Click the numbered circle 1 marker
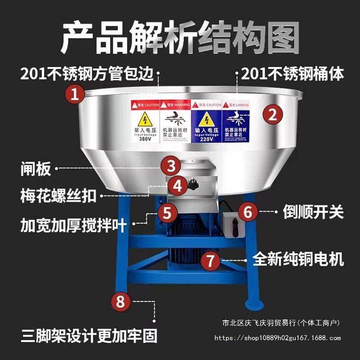(75, 94)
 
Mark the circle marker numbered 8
(120, 301)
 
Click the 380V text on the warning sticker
(145, 139)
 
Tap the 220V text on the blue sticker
(207, 139)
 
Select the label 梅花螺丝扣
(58, 196)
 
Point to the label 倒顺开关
(313, 211)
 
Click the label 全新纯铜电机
(298, 259)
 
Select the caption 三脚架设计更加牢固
(89, 336)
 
